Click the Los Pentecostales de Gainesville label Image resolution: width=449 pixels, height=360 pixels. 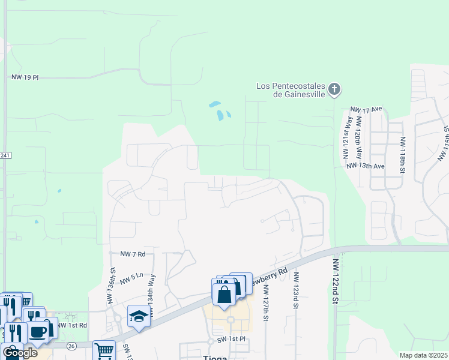pos(291,90)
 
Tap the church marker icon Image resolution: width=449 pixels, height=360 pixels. pos(335,90)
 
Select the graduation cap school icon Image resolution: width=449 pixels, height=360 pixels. pos(138,316)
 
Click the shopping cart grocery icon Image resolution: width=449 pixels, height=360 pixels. pos(104,350)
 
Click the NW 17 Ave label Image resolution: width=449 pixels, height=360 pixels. pos(366,109)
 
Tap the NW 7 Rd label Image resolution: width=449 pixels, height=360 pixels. pos(133,254)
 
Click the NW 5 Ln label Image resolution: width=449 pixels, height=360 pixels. pos(132,278)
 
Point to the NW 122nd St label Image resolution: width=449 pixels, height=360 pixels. pos(336,281)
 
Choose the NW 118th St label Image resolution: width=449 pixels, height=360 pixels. pos(402,154)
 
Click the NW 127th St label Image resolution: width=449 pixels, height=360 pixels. pos(265,298)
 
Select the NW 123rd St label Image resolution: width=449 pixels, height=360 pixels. pos(296,290)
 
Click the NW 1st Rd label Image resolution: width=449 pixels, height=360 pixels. pos(73,325)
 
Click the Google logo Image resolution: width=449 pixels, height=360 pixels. pos(20,353)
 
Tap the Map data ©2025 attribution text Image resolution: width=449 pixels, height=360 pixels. pos(423,355)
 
